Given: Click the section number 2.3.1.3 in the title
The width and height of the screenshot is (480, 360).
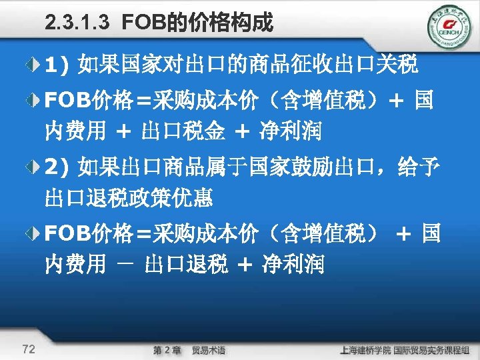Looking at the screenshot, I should (x=77, y=25).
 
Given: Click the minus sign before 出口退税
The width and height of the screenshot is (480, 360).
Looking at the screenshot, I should (x=123, y=265).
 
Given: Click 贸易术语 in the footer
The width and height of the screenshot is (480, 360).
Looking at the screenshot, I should (x=209, y=350).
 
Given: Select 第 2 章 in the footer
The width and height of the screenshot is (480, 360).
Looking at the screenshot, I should (x=167, y=350).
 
